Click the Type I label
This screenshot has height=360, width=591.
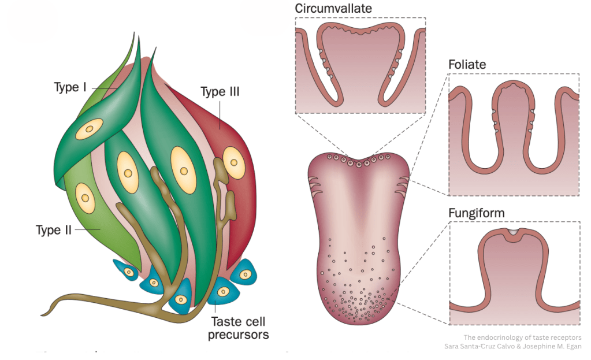(x=70, y=88)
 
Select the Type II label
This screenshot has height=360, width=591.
(x=53, y=230)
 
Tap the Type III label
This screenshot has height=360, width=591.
(x=220, y=92)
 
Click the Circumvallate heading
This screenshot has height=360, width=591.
(x=333, y=9)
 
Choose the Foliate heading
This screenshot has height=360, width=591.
(x=467, y=65)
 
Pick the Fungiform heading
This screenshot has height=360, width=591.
(x=477, y=213)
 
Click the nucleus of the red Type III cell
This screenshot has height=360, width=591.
(x=233, y=161)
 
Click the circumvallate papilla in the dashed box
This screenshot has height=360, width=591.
(x=359, y=64)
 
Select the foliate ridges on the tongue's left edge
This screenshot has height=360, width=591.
(x=315, y=185)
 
